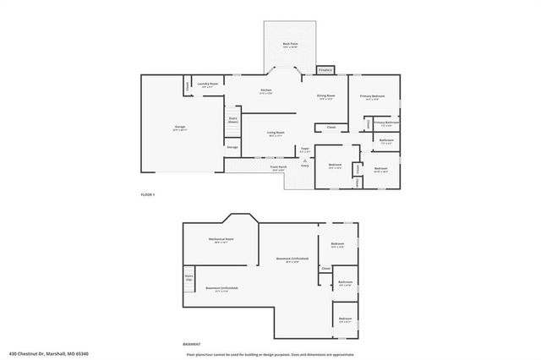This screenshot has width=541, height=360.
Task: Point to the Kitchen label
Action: click(x=265, y=90)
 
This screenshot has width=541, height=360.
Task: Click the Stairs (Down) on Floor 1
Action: click(x=232, y=120)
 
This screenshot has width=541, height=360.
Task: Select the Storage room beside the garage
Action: click(x=232, y=147)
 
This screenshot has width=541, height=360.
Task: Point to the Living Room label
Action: click(x=276, y=133)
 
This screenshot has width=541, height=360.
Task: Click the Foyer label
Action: click(x=304, y=149)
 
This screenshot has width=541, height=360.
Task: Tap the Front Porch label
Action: click(x=278, y=167)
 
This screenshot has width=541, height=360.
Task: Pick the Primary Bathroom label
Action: click(x=386, y=123)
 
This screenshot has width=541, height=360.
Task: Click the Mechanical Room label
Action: click(x=221, y=240)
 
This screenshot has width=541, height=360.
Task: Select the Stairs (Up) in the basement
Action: click(x=189, y=277)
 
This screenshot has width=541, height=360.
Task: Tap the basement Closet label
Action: click(x=325, y=269)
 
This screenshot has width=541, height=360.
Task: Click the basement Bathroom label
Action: click(x=345, y=282)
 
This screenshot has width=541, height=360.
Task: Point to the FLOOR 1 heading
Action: click(x=148, y=195)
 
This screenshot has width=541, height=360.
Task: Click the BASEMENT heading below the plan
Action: click(x=192, y=344)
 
